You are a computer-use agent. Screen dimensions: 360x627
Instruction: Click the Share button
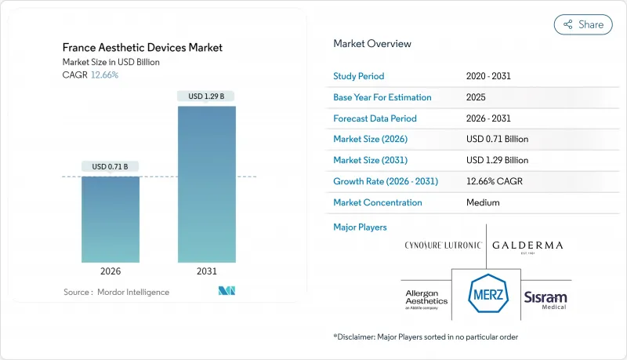click(583, 24)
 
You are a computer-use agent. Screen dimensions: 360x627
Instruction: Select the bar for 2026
click(111, 219)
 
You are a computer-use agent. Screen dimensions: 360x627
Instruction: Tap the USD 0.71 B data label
click(111, 166)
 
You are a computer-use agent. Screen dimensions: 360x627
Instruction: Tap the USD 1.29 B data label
click(207, 96)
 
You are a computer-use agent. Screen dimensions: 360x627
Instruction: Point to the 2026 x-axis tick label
click(111, 272)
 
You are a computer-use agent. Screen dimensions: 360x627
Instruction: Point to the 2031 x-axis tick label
click(207, 272)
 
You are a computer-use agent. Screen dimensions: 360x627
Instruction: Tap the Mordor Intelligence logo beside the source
click(227, 292)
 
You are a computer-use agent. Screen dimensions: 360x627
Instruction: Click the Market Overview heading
click(372, 43)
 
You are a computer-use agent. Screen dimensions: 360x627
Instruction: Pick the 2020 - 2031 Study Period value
click(490, 76)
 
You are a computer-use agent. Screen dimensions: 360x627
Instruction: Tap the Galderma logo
click(527, 245)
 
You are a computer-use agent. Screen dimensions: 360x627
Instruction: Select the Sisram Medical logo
click(545, 298)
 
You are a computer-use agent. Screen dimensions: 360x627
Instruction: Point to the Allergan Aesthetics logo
click(426, 299)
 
